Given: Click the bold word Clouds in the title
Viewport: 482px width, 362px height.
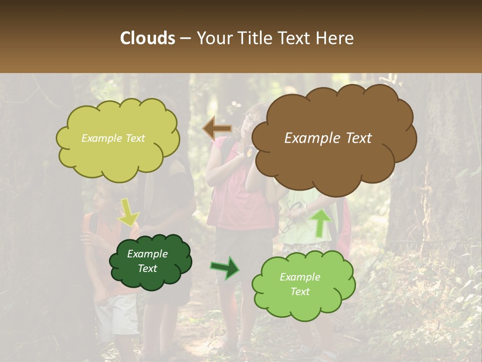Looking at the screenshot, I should tap(148, 38).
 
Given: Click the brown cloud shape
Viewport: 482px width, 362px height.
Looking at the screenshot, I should tap(331, 161).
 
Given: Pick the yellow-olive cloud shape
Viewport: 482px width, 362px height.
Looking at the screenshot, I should tap(118, 156).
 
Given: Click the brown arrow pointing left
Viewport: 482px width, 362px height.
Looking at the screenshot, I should tap(217, 128).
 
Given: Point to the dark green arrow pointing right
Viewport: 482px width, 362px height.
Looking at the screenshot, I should tap(225, 267).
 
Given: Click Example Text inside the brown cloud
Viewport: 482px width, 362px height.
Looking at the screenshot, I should tap(328, 138).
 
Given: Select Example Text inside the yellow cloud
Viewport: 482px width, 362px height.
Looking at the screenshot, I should tap(113, 138).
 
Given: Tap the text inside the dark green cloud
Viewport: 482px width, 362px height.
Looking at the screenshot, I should tap(147, 261).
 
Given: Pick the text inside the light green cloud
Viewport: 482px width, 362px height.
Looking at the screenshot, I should tap(300, 284).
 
